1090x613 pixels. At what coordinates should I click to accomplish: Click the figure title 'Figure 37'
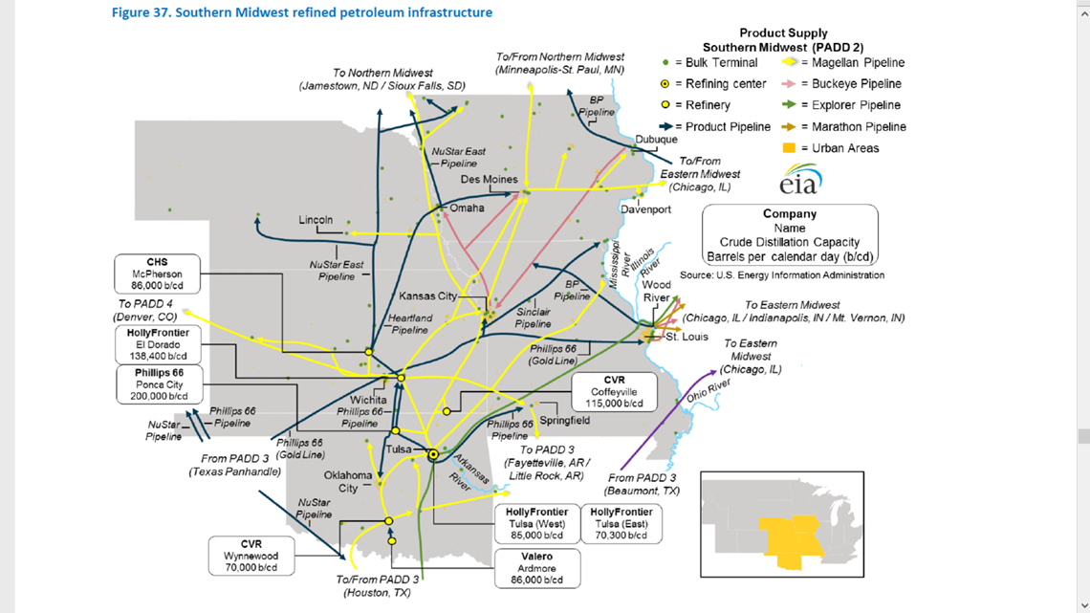[301, 12]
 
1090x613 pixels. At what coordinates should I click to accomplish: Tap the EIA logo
[799, 180]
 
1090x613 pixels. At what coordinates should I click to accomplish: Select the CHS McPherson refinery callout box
[157, 274]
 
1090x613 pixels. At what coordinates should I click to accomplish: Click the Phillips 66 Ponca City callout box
[159, 384]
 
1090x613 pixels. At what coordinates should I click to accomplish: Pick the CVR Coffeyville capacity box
[614, 392]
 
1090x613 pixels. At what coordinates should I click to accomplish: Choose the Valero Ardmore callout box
[536, 568]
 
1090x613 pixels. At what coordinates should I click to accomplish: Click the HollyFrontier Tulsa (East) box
[621, 524]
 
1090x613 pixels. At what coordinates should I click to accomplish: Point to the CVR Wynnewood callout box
[251, 556]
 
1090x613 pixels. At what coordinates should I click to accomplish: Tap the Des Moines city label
[489, 179]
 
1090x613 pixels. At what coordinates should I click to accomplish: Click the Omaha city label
[467, 208]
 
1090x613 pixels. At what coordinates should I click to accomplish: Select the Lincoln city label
[316, 220]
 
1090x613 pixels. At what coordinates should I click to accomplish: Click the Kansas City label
[427, 296]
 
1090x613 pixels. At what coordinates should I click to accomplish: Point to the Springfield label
[564, 421]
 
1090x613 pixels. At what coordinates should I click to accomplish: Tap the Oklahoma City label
[348, 482]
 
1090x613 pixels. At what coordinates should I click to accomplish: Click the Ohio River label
[708, 390]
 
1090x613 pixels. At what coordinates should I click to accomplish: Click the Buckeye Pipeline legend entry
[842, 84]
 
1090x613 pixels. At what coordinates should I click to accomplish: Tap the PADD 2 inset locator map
[781, 524]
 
